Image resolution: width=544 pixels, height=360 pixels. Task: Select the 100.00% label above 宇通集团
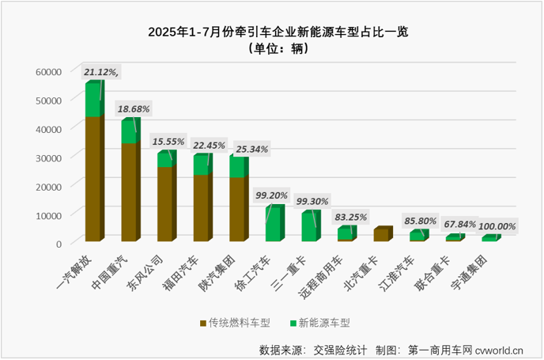pos(495,226)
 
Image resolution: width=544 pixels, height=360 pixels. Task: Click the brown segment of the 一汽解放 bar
pos(93,178)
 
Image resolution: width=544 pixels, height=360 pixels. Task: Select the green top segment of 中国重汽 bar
pos(129,132)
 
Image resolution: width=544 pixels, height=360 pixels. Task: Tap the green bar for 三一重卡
pos(308,226)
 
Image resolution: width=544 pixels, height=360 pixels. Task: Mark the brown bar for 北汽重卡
pos(380,234)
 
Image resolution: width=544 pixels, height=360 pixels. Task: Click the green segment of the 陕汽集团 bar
pos(236,167)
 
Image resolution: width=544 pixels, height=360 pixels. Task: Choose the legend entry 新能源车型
pos(320,323)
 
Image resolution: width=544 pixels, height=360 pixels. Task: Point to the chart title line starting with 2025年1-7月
pos(271,32)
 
